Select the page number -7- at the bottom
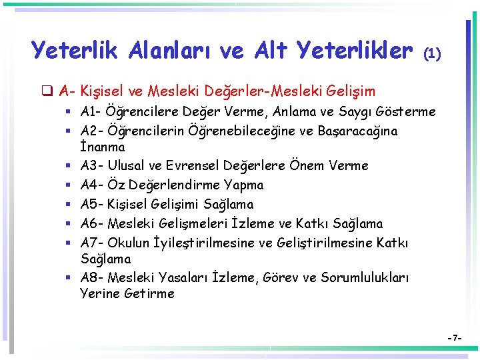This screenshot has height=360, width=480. [455, 339]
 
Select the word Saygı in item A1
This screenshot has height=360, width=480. [341, 112]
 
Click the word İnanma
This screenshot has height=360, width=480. [102, 146]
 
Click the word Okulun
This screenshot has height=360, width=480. [129, 243]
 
